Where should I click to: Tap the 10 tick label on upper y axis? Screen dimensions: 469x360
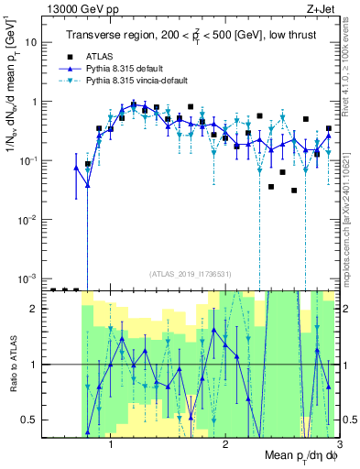30,43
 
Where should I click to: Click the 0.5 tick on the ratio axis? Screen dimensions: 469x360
29,420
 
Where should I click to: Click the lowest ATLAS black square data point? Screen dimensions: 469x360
294,191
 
